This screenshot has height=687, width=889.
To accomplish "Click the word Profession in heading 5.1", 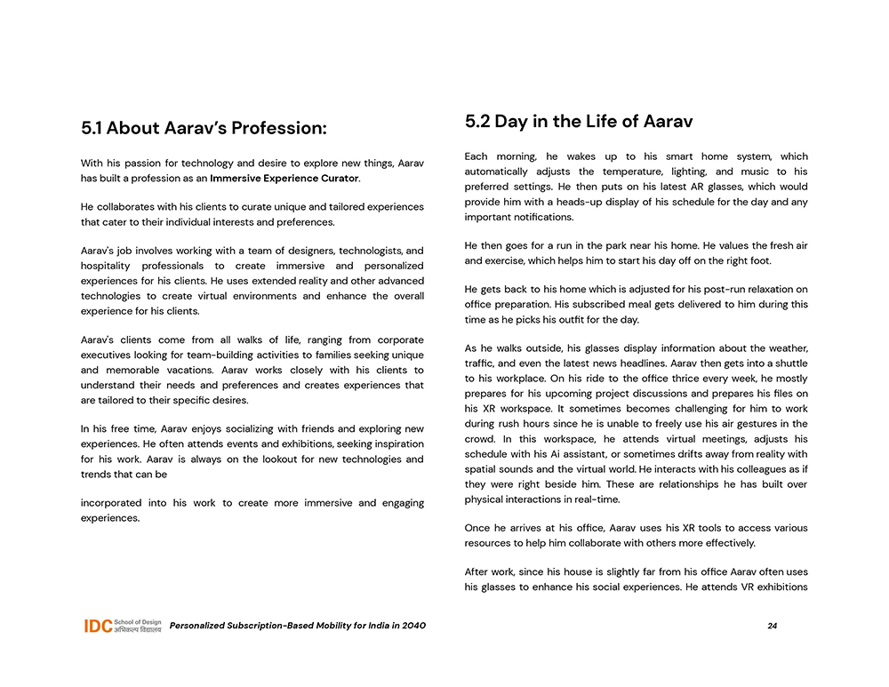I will [x=278, y=128].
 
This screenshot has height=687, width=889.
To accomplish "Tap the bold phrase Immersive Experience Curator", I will [x=284, y=179].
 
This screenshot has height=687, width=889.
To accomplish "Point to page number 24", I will [x=772, y=626].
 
